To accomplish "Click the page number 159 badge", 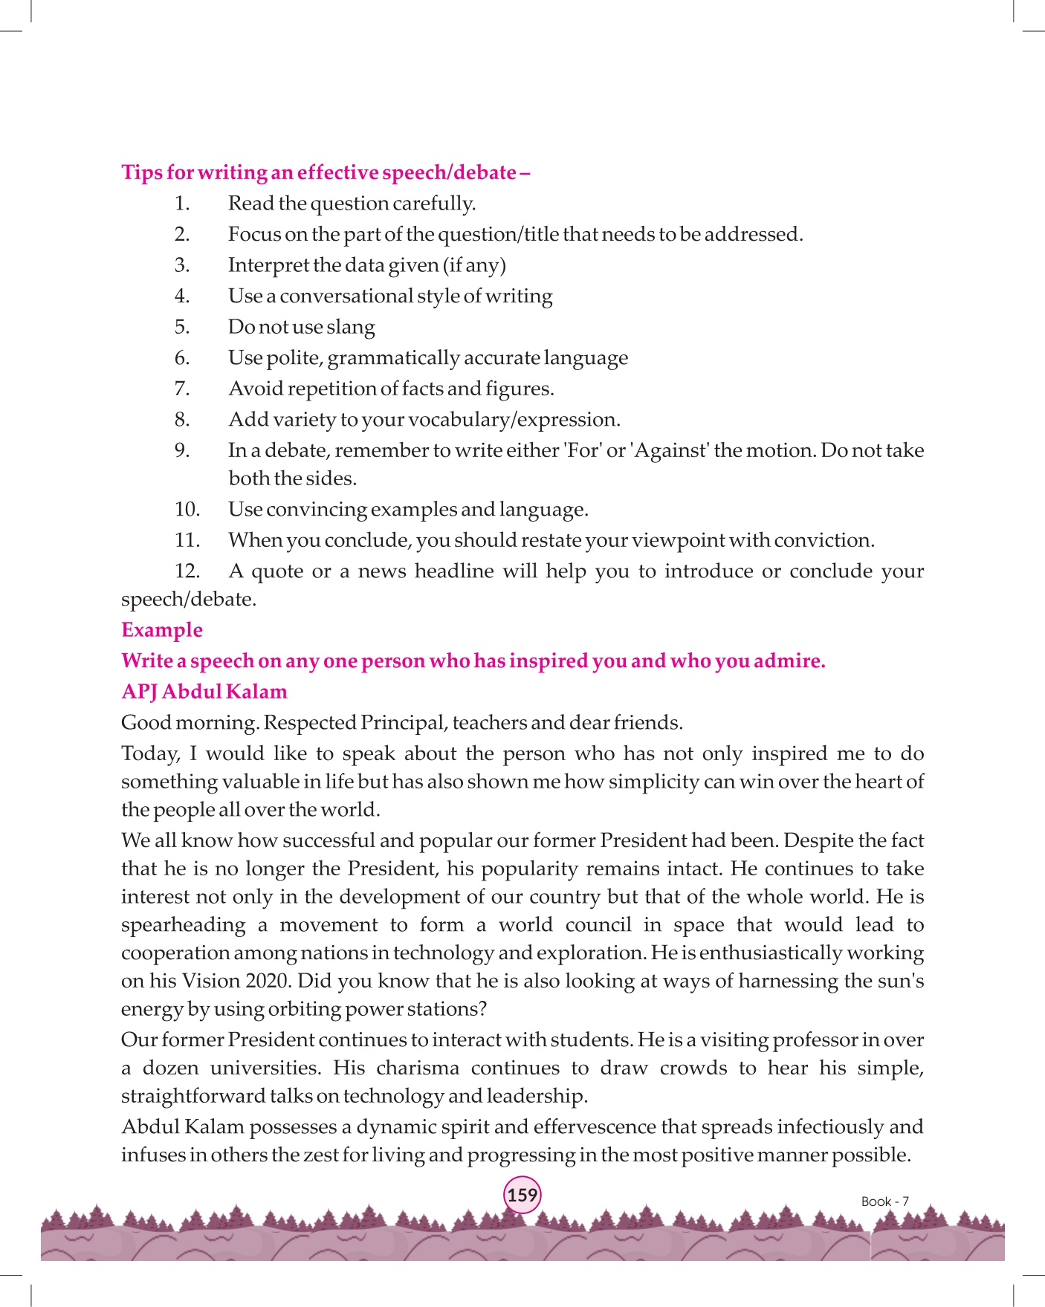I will tap(522, 1196).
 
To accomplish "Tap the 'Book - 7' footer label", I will tap(884, 1201).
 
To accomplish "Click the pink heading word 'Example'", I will tap(162, 630).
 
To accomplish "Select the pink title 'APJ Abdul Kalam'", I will tap(204, 692).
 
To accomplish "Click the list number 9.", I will tap(182, 451).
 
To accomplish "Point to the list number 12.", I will tap(187, 571).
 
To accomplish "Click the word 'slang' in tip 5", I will tap(351, 328).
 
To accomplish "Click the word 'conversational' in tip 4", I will tap(346, 296).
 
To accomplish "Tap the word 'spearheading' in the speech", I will tap(183, 925).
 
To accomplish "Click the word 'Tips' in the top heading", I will tap(141, 172).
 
